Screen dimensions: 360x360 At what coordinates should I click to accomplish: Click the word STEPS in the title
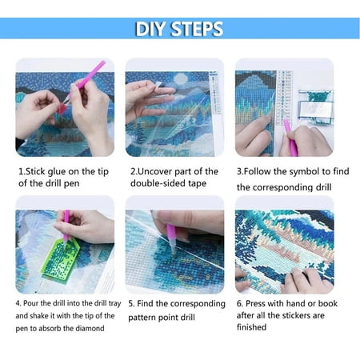coord(197,29)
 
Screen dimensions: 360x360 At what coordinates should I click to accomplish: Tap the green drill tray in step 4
coord(60,259)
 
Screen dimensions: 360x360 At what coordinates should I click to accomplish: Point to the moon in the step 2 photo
coord(181,78)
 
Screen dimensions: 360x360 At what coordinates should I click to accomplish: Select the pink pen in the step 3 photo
coord(290,138)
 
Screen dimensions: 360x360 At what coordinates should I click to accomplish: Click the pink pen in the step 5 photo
coord(171,238)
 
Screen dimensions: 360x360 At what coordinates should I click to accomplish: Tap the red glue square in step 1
coord(62,109)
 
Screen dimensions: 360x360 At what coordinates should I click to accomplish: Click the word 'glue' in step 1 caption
coord(57,172)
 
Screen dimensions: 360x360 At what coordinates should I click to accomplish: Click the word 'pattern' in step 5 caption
coord(142,318)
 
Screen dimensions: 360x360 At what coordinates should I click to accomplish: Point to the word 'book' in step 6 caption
coord(328,303)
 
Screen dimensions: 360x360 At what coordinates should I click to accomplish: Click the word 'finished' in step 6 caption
coord(251,327)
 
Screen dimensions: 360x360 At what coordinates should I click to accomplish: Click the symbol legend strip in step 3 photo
coord(285,98)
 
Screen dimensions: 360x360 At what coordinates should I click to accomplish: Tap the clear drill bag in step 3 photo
coord(316,106)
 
